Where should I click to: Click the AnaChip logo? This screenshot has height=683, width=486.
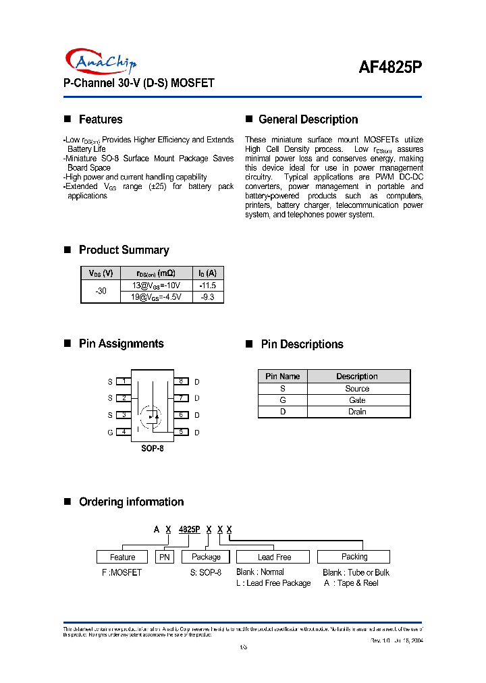[x=101, y=61]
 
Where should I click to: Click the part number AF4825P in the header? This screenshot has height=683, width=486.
[x=389, y=67]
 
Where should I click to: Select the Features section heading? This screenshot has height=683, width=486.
[x=101, y=119]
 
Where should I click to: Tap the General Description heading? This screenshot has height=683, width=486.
[x=308, y=119]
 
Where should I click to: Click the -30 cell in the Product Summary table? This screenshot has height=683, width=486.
[x=101, y=291]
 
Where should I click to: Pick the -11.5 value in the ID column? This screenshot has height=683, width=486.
[x=207, y=285]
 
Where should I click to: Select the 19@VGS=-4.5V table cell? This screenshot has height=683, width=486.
[x=156, y=297]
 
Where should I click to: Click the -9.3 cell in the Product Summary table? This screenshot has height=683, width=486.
[x=207, y=297]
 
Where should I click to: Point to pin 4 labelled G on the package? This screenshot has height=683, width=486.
[x=124, y=432]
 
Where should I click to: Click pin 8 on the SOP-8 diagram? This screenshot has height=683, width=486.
[x=181, y=381]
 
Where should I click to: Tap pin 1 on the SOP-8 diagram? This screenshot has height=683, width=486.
[x=124, y=381]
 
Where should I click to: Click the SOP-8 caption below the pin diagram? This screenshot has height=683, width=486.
[x=152, y=448]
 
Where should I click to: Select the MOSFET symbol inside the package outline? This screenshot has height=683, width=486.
[x=151, y=416]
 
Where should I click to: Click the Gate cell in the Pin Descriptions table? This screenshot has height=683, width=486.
[x=357, y=400]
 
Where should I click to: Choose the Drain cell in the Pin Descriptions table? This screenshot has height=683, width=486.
[x=357, y=412]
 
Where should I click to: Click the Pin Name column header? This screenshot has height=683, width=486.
[x=282, y=376]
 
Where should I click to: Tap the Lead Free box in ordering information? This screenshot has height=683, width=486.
[x=273, y=557]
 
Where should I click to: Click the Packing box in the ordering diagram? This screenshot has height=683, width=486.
[x=354, y=557]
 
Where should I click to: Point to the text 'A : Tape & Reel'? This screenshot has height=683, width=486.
[x=350, y=583]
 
